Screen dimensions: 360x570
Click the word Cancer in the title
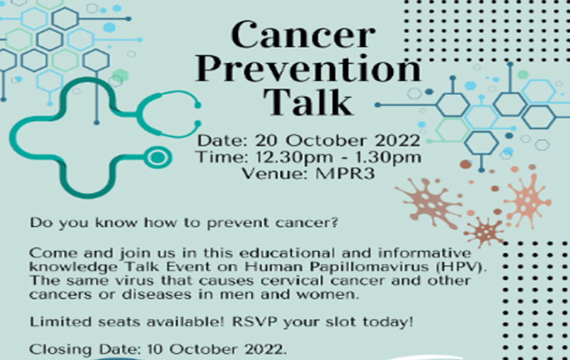[x=303, y=36]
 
